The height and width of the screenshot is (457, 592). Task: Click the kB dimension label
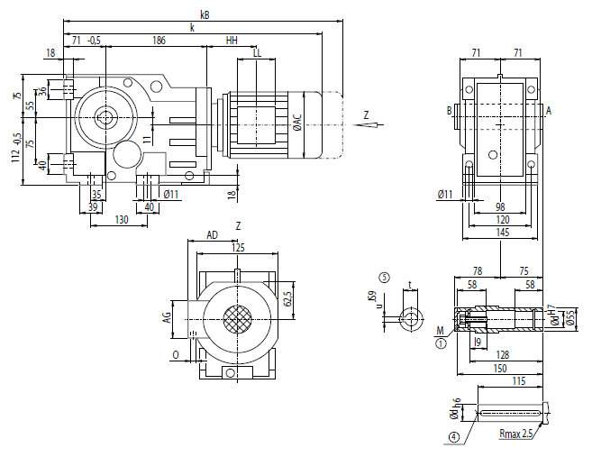click(x=205, y=14)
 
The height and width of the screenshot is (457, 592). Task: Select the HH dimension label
click(x=232, y=41)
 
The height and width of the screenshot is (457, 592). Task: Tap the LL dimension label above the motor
click(x=258, y=53)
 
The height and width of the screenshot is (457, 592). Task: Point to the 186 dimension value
click(x=159, y=41)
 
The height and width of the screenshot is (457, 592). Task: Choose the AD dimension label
click(x=213, y=234)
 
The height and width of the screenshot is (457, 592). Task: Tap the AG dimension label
click(x=166, y=316)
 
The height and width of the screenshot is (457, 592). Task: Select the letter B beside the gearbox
click(x=448, y=111)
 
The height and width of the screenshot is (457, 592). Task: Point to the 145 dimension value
click(x=503, y=233)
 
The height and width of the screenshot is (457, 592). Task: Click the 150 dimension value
click(x=501, y=368)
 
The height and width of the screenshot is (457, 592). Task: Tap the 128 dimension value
click(x=502, y=355)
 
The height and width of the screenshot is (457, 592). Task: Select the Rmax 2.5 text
click(x=517, y=434)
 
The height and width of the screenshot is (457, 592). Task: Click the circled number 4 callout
click(x=453, y=437)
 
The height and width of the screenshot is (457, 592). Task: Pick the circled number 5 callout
click(x=385, y=278)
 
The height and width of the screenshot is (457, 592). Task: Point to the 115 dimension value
click(x=518, y=381)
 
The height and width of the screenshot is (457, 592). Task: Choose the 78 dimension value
click(x=478, y=270)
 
